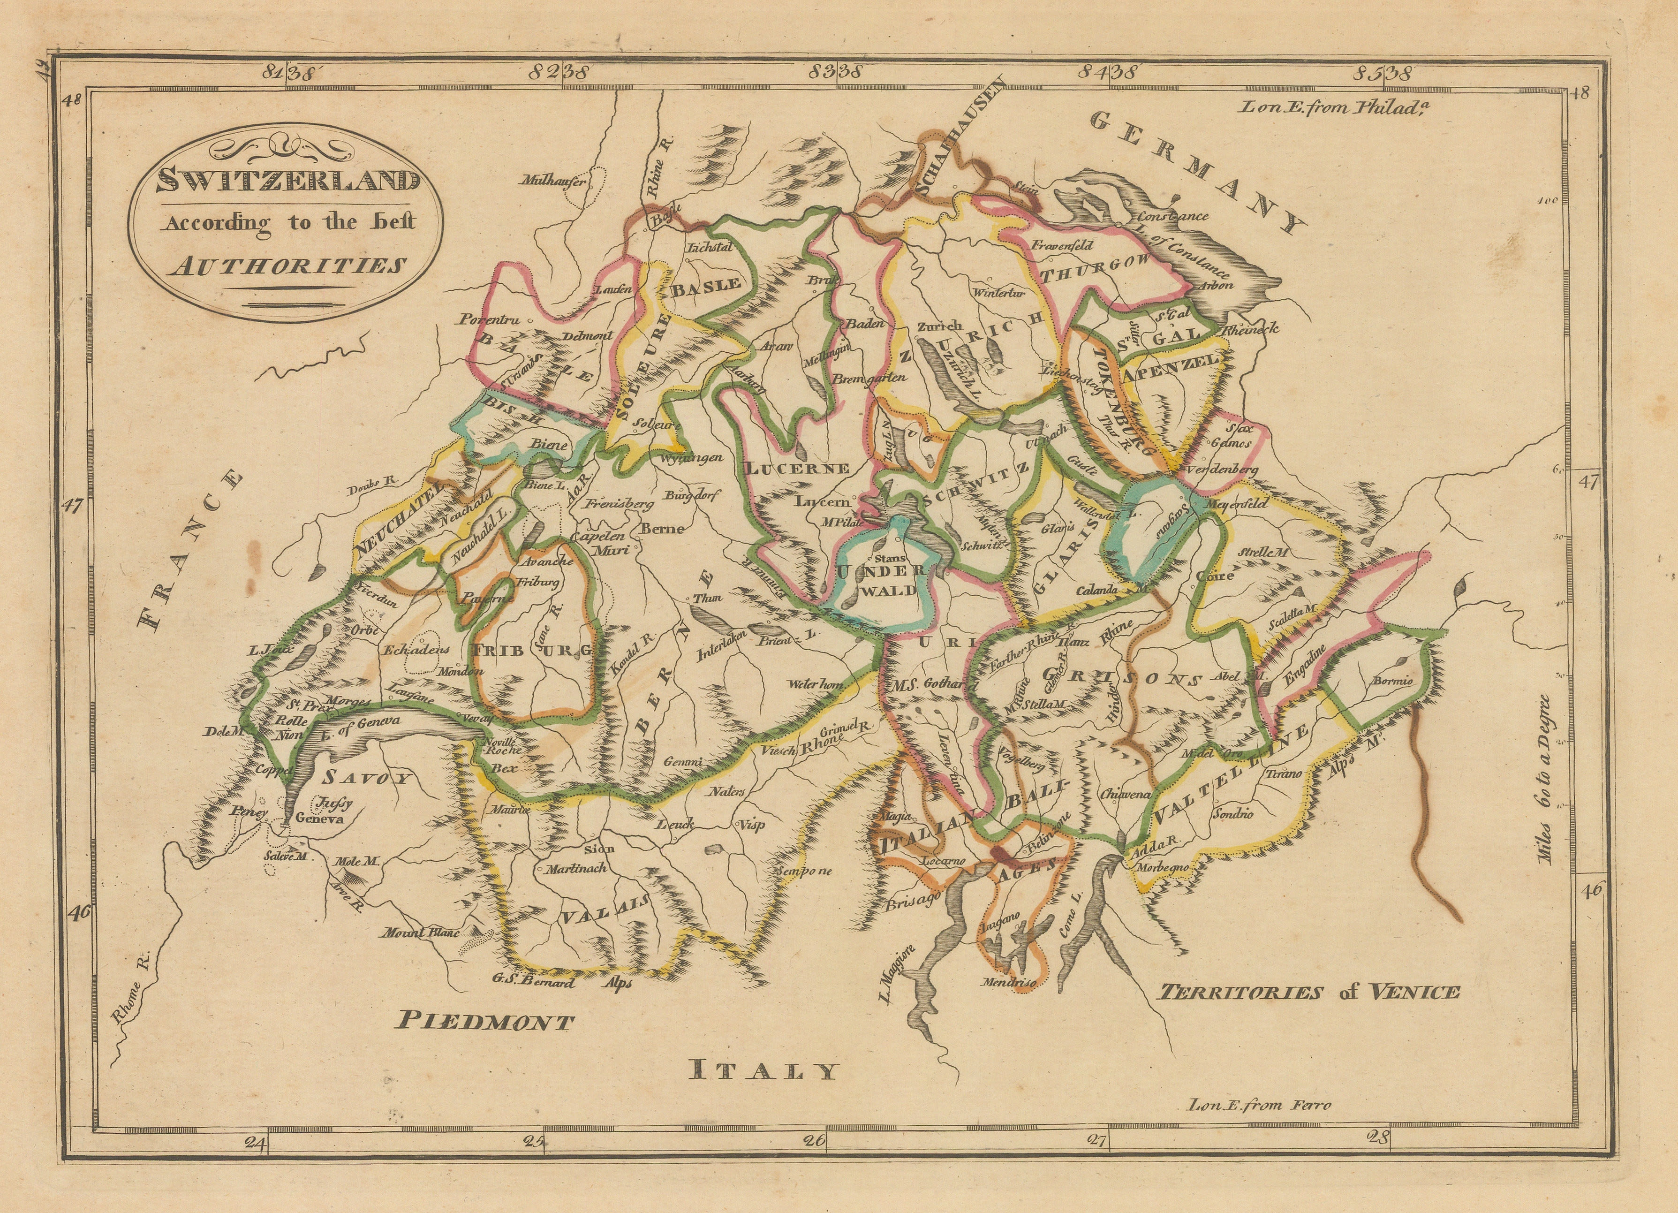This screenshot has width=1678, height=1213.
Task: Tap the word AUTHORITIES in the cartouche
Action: (x=287, y=265)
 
